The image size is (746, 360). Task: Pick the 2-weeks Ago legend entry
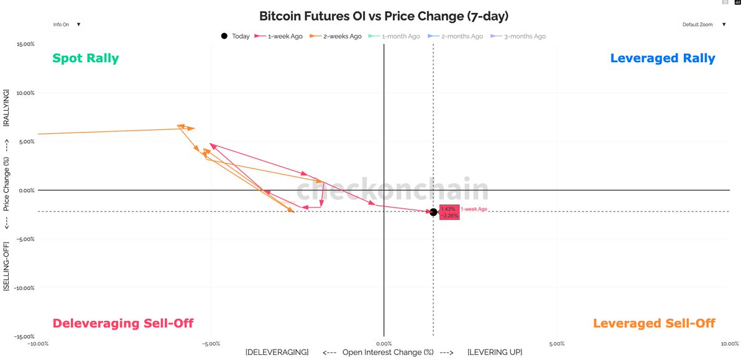338,36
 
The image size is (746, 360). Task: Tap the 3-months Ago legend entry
519,36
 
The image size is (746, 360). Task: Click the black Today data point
433,212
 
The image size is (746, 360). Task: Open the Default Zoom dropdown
705,24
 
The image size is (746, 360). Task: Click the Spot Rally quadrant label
85,58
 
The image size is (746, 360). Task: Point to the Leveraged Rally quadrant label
663,58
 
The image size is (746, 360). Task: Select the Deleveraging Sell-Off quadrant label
122,323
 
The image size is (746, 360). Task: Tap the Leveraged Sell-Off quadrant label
654,323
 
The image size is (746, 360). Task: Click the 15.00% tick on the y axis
25,44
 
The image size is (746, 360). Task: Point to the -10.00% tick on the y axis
24,288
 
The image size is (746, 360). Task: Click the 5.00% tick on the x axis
557,343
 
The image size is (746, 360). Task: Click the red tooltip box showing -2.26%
449,212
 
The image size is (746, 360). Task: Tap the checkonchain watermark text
392,190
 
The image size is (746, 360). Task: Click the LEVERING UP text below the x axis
494,352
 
